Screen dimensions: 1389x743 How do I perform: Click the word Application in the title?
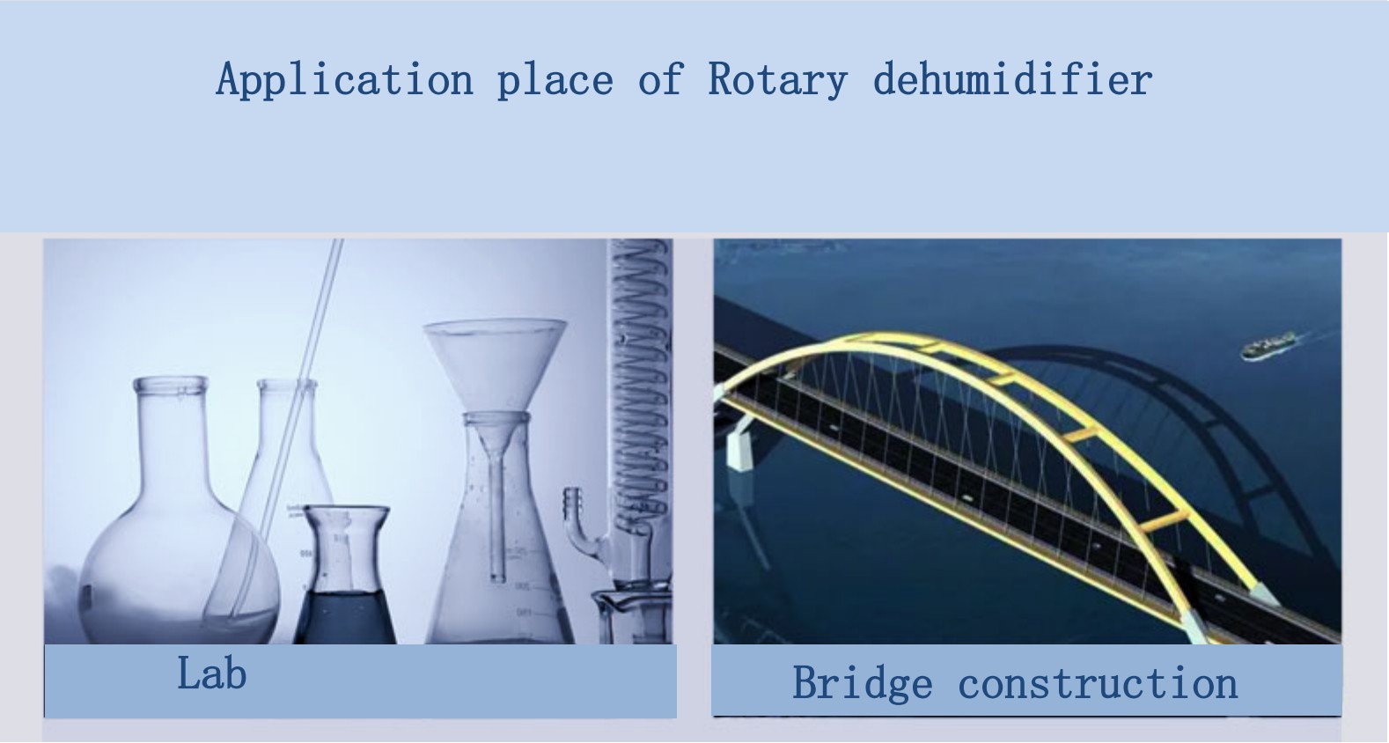345,79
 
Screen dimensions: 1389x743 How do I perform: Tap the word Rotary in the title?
777,79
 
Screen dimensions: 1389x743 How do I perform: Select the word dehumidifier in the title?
1012,78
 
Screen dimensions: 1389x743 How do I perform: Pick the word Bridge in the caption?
862,684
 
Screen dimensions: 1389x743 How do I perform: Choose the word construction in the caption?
1098,683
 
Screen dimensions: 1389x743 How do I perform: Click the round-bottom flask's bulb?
180,570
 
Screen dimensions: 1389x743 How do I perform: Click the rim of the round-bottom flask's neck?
171,385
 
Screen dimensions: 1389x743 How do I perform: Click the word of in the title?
661,79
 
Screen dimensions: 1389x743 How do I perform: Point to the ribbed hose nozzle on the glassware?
574,505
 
